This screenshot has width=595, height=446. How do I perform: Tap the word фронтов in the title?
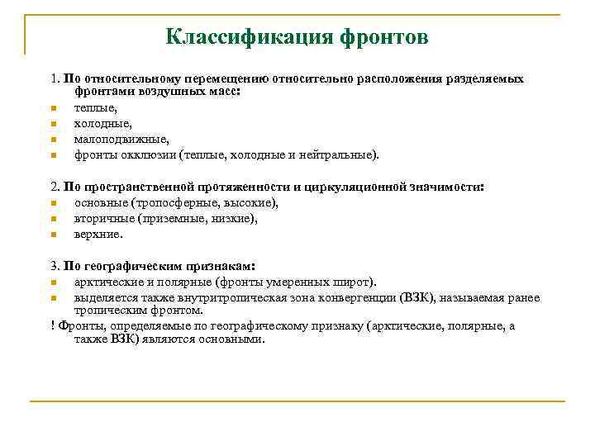point(384,37)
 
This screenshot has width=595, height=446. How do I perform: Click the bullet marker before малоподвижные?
point(51,140)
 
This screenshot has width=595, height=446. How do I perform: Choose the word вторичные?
point(100,218)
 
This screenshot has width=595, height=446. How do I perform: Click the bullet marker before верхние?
point(51,234)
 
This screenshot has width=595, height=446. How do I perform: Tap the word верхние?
point(98,234)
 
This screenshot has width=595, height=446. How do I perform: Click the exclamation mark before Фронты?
point(52,325)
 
